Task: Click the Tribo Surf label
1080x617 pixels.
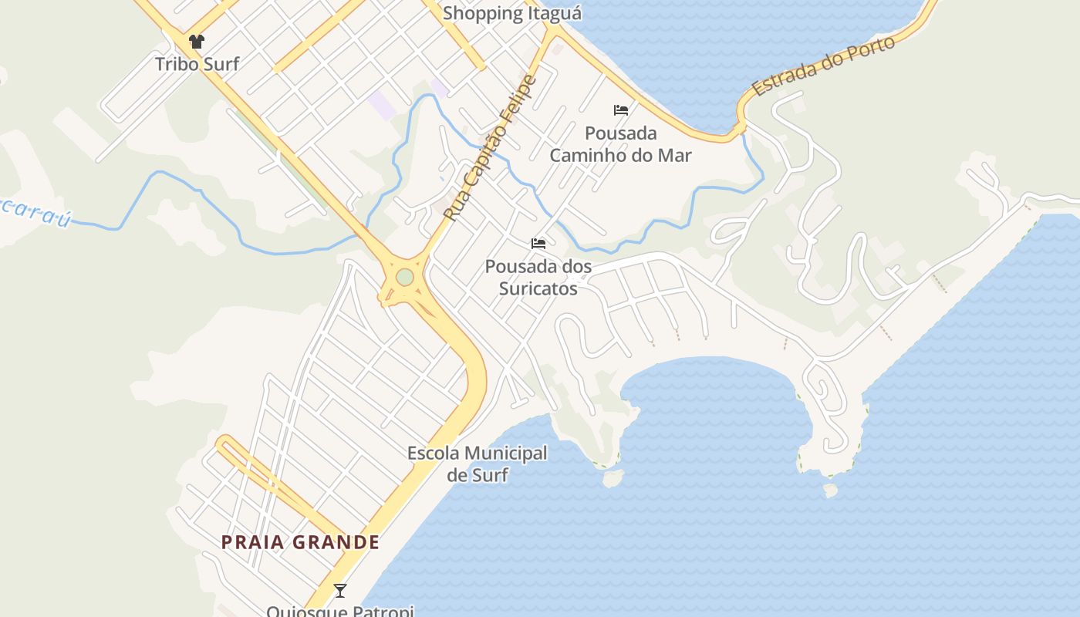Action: [197, 64]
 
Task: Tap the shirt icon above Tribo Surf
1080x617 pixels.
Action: [197, 42]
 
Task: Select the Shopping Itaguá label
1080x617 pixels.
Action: [511, 13]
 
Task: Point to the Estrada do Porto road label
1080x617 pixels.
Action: [823, 66]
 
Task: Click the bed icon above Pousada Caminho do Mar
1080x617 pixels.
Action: [621, 110]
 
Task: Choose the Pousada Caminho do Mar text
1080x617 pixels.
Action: [620, 144]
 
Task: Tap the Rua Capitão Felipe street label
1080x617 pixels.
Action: [490, 148]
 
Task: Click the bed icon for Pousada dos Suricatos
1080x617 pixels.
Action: [538, 244]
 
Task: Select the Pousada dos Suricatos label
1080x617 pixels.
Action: [538, 278]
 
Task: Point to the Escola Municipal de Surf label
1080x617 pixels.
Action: [478, 464]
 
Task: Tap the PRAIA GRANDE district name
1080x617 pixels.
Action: [300, 542]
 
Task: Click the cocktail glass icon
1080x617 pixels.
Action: [339, 591]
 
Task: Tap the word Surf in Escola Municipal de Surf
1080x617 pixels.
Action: [489, 475]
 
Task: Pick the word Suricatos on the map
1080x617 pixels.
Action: [538, 288]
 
